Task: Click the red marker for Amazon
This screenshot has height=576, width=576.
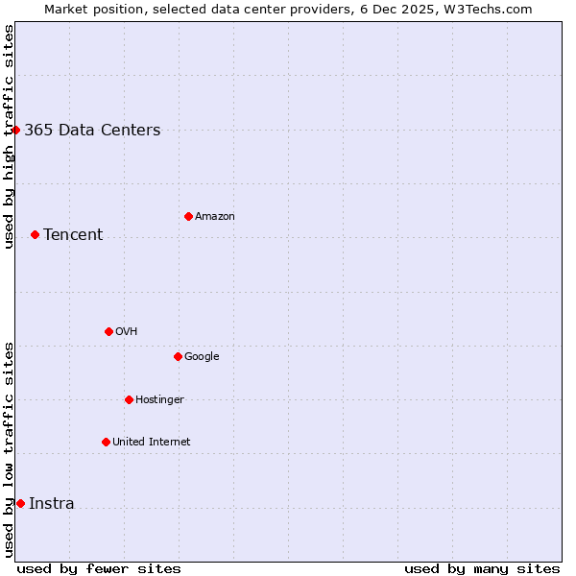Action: click(188, 216)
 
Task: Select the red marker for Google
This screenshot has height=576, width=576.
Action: click(178, 356)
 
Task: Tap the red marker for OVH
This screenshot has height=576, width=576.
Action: click(108, 331)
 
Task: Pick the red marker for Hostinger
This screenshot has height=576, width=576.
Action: click(129, 399)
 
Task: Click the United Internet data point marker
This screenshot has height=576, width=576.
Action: click(106, 442)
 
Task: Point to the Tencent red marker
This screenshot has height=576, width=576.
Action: click(35, 234)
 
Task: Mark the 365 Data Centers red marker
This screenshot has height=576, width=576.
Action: click(15, 130)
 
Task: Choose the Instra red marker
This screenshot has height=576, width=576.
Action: click(20, 503)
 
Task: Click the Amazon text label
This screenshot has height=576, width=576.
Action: click(215, 217)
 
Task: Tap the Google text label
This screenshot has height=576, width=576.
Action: click(202, 357)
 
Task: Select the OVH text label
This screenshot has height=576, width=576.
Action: click(127, 332)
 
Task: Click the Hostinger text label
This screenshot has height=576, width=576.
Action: click(159, 400)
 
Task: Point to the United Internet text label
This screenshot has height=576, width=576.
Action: click(152, 443)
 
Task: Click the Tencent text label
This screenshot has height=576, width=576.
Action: click(73, 235)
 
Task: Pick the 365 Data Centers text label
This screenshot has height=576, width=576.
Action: click(92, 131)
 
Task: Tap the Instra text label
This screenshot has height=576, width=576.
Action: click(52, 504)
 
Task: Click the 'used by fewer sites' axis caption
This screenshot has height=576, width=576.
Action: click(99, 568)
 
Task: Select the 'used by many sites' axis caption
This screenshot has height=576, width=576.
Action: click(482, 568)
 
